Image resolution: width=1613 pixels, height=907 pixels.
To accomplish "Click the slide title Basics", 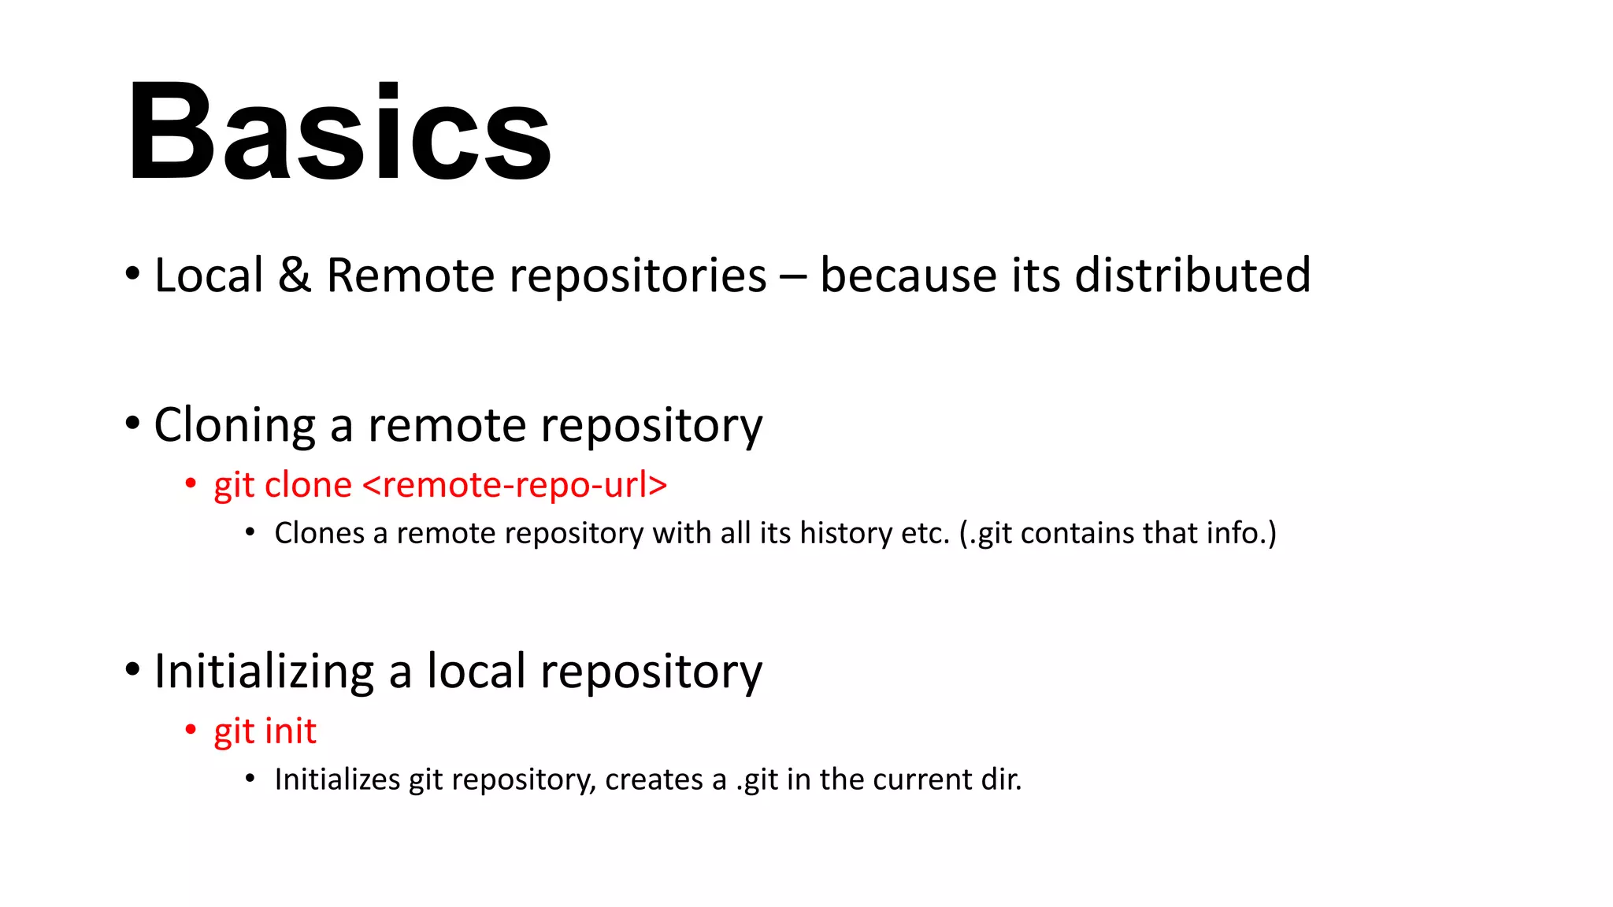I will (339, 131).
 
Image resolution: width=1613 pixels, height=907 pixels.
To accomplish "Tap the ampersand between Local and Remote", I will (295, 276).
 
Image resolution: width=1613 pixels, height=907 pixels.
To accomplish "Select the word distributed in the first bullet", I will (1192, 276).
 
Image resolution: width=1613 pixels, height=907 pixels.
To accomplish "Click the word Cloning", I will (235, 425).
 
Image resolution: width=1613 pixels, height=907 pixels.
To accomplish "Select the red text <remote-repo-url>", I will (515, 485).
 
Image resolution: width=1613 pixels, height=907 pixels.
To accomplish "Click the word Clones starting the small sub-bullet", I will (319, 533).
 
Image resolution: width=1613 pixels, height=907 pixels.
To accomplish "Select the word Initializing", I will (264, 672).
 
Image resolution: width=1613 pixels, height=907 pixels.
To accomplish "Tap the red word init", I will (291, 731).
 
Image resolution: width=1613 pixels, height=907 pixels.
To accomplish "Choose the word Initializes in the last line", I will (337, 779).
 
